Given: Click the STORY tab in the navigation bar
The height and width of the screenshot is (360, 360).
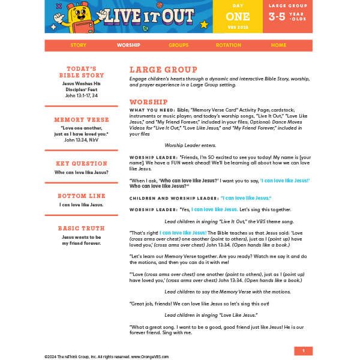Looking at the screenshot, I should pos(78,46).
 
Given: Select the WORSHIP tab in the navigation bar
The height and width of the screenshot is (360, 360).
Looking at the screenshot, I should pos(128,46).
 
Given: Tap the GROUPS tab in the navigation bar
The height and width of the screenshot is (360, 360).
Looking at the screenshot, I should pos(178,46).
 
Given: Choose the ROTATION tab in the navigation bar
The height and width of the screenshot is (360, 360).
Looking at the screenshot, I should pos(229,46).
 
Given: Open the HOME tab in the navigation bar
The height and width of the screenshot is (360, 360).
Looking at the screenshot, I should pos(278,46).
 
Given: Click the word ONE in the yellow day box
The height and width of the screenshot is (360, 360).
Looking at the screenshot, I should pos(238,17).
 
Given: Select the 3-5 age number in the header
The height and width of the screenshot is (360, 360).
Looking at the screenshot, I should pos(277,17).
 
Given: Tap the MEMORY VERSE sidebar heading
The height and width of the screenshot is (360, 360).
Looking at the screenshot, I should pos(82,120).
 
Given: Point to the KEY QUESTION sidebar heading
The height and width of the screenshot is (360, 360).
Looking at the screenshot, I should pos(82,164).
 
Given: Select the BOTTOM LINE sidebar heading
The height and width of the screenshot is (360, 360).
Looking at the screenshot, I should pos(82,196).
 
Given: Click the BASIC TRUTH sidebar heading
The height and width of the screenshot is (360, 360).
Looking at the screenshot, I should pos(82,229).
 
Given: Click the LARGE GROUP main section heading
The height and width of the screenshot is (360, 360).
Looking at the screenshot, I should pos(163,70).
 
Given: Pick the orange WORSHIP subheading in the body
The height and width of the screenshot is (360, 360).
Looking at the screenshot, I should pos(148,102).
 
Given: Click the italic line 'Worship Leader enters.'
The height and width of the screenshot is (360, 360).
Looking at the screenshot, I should pos(190,145).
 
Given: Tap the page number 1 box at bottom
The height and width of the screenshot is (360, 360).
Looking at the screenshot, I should pos(304,351).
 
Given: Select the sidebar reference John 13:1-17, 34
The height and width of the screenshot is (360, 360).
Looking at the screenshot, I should pos(82,95).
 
